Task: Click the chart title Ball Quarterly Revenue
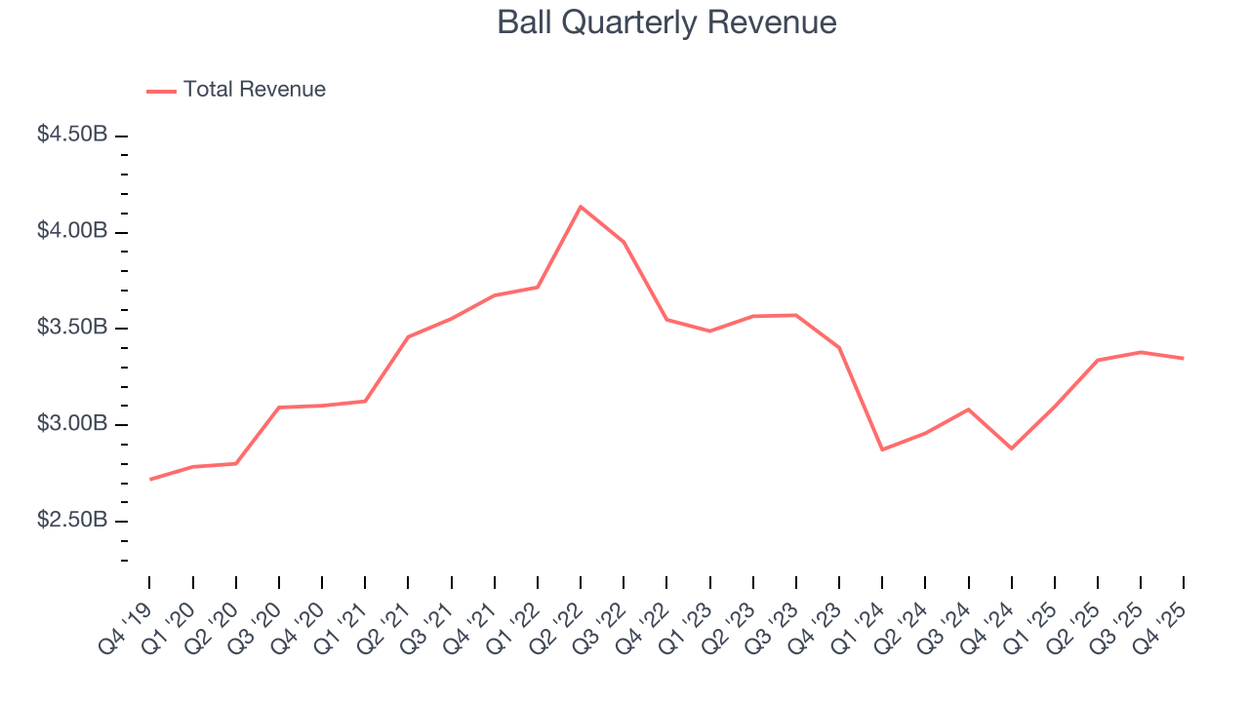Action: (666, 22)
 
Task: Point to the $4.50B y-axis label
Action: (72, 135)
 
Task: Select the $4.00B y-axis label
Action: (72, 231)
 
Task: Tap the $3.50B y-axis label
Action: (72, 328)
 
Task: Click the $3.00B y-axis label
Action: (72, 424)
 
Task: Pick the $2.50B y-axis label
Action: (72, 521)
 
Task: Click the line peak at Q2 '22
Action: (581, 207)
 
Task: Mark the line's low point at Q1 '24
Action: (882, 449)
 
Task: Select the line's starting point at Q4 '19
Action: (149, 479)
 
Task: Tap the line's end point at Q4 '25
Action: (1184, 358)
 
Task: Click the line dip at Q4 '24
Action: (1011, 448)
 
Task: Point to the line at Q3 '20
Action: (279, 408)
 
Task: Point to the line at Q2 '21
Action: (408, 336)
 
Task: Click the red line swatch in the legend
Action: (161, 91)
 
